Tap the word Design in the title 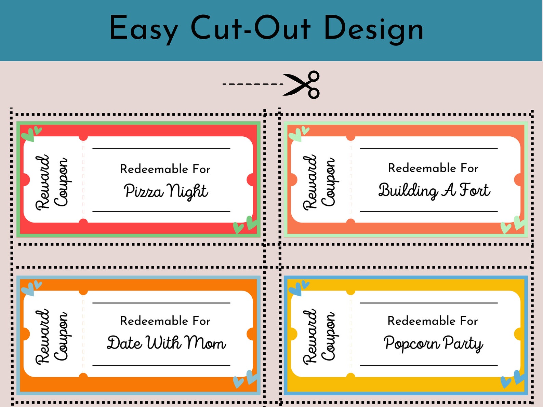(373, 29)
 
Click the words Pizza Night (166, 191)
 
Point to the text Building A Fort (434, 190)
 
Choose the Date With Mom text (166, 343)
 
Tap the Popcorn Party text (433, 343)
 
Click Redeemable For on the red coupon (165, 169)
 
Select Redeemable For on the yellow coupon (433, 321)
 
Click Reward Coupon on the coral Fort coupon (319, 182)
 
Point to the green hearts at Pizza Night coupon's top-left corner (31, 134)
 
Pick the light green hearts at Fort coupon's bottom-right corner (513, 225)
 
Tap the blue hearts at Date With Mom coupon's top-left (31, 288)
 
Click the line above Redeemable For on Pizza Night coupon (161, 149)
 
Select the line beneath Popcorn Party (428, 366)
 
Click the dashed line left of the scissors (252, 84)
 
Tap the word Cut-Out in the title (250, 29)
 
